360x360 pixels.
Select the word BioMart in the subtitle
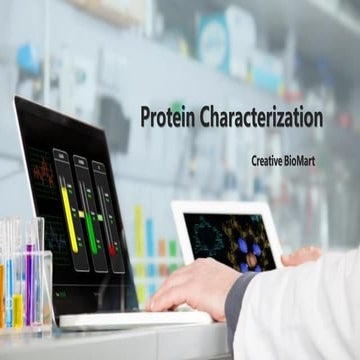point(301,160)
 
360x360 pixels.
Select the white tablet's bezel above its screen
point(225,207)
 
